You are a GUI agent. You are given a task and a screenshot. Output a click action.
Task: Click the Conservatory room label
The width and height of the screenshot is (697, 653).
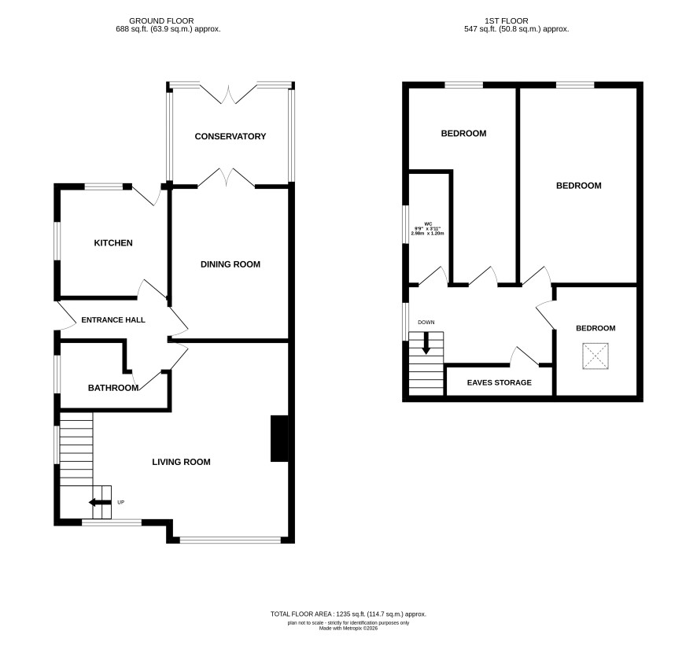click(230, 136)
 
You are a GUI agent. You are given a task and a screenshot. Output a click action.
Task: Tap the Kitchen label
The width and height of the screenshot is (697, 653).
click(113, 242)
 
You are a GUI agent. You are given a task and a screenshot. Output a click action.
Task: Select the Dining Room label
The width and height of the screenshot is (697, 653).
click(230, 264)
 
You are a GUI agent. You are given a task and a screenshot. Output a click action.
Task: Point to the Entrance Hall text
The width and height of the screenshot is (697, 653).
click(113, 319)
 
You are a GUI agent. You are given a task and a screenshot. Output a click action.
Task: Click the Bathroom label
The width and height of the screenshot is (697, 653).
click(113, 388)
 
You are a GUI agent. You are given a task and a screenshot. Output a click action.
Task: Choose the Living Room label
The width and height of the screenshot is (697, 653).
click(182, 463)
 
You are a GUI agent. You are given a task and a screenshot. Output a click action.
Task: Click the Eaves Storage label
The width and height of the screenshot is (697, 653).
click(500, 382)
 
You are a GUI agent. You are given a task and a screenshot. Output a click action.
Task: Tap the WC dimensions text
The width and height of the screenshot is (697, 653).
click(428, 229)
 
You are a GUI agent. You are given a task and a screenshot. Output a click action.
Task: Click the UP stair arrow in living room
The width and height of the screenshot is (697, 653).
click(100, 503)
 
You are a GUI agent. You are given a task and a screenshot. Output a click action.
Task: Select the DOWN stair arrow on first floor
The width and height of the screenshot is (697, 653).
click(426, 343)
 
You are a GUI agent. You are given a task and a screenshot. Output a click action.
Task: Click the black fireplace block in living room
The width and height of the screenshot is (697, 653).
click(279, 439)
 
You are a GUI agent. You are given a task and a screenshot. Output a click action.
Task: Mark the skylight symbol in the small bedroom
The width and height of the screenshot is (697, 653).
click(596, 356)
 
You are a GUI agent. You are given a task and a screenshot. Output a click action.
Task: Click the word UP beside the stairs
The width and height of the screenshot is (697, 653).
click(121, 502)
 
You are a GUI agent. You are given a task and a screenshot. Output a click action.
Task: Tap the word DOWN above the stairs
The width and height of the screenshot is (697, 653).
click(426, 323)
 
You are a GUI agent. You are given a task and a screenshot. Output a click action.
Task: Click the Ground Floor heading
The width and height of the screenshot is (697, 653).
click(161, 21)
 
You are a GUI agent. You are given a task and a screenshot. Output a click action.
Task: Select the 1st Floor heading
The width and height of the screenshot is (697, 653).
click(507, 21)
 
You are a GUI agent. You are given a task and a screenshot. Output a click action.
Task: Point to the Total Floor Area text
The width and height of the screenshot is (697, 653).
click(348, 614)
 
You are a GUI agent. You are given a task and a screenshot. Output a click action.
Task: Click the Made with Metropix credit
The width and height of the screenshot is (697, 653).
click(348, 629)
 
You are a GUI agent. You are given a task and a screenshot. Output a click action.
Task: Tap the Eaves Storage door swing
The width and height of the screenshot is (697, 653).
click(525, 356)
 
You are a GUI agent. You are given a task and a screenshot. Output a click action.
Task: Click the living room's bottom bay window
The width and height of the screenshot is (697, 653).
click(230, 540)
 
